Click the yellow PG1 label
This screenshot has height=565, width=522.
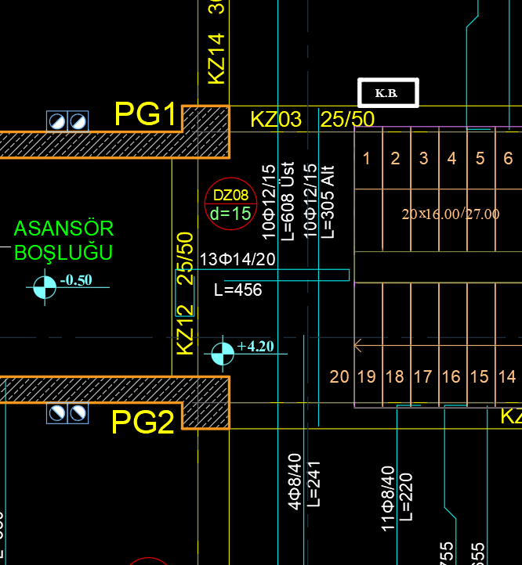(146, 114)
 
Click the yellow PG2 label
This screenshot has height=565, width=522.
(143, 423)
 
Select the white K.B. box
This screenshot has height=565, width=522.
(388, 93)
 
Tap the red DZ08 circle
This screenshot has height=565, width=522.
(230, 204)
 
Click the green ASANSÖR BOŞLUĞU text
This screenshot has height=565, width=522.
(64, 240)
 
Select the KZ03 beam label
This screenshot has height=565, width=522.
(276, 119)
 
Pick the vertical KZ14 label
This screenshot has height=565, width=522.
(216, 58)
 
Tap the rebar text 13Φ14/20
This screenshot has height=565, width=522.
(237, 259)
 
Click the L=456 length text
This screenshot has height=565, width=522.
(238, 290)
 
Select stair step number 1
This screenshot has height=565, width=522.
(367, 159)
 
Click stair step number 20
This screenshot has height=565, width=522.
(339, 376)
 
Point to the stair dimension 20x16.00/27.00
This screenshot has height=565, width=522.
(450, 214)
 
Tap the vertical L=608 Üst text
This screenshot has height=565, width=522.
(288, 201)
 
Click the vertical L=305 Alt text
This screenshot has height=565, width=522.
(329, 201)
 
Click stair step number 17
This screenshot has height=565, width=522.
(423, 376)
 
